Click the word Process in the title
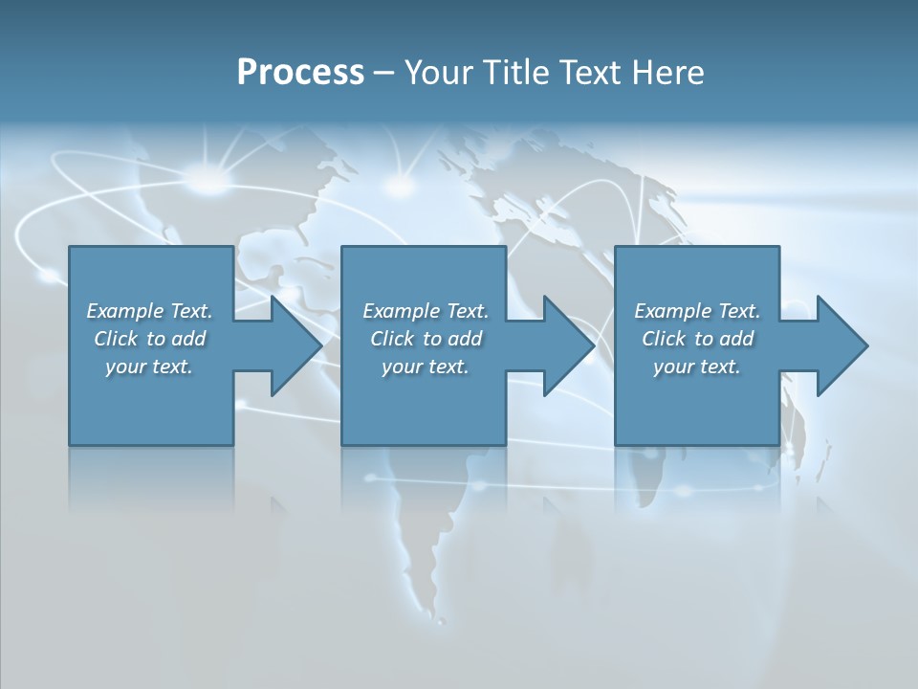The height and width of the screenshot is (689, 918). click(300, 73)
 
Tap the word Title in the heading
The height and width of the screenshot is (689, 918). click(509, 73)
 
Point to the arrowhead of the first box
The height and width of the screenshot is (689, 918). click(296, 345)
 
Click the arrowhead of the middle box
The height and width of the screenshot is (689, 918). click(569, 345)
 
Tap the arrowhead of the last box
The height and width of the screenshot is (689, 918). click(842, 345)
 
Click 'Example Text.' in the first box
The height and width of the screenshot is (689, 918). click(149, 311)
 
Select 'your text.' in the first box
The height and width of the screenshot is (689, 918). click(149, 367)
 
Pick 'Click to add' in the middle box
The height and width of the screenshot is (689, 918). click(426, 339)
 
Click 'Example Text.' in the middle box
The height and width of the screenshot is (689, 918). click(426, 311)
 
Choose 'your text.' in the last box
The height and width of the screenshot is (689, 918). click(697, 367)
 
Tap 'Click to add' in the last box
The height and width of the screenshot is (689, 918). click(697, 339)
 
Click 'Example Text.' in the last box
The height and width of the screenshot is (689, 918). click(697, 311)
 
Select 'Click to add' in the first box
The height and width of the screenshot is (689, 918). click(149, 339)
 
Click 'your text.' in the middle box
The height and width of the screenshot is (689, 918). click(426, 367)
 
